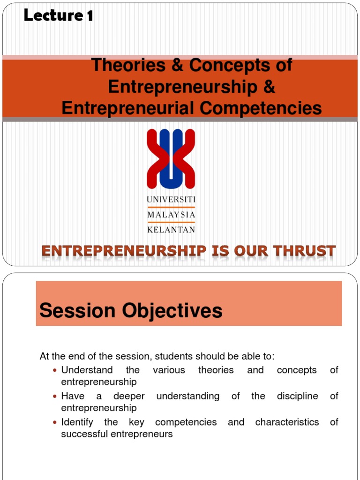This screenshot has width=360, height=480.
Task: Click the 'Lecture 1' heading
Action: click(x=58, y=15)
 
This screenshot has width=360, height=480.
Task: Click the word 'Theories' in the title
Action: click(x=128, y=65)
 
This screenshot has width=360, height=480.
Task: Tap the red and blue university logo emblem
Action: click(x=171, y=159)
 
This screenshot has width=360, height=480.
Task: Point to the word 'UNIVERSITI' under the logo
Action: click(x=171, y=200)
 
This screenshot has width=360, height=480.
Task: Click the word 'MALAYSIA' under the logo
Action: click(x=171, y=215)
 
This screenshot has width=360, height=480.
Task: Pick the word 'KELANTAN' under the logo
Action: click(x=171, y=230)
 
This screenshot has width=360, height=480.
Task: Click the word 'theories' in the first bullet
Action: click(x=216, y=370)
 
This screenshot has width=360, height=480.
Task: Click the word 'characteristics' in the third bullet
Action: click(x=287, y=422)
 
